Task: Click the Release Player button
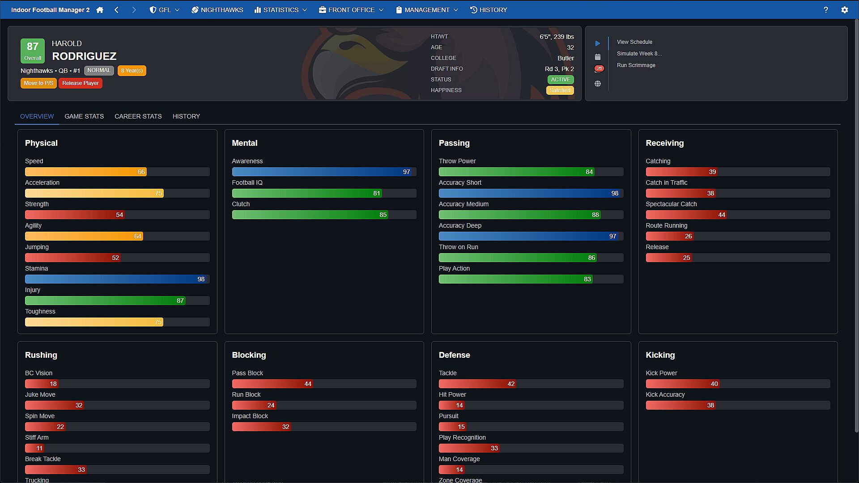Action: tap(81, 83)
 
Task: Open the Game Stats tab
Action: tap(84, 116)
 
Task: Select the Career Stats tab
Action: tap(138, 116)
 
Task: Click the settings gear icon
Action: tap(845, 10)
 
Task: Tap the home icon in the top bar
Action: tap(100, 10)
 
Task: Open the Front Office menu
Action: tap(351, 10)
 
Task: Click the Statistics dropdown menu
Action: tap(281, 10)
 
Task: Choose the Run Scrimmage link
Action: tap(636, 65)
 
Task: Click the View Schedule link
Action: tap(634, 42)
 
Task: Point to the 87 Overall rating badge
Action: tap(33, 51)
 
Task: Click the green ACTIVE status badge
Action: tap(561, 80)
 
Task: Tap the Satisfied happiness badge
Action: tap(560, 90)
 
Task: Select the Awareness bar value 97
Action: tap(406, 172)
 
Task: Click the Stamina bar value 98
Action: tap(201, 279)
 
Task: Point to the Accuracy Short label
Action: tap(460, 182)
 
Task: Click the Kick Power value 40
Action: tap(714, 384)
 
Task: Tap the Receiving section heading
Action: tap(664, 143)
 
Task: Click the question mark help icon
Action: tap(826, 10)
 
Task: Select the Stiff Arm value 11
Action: tap(39, 448)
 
